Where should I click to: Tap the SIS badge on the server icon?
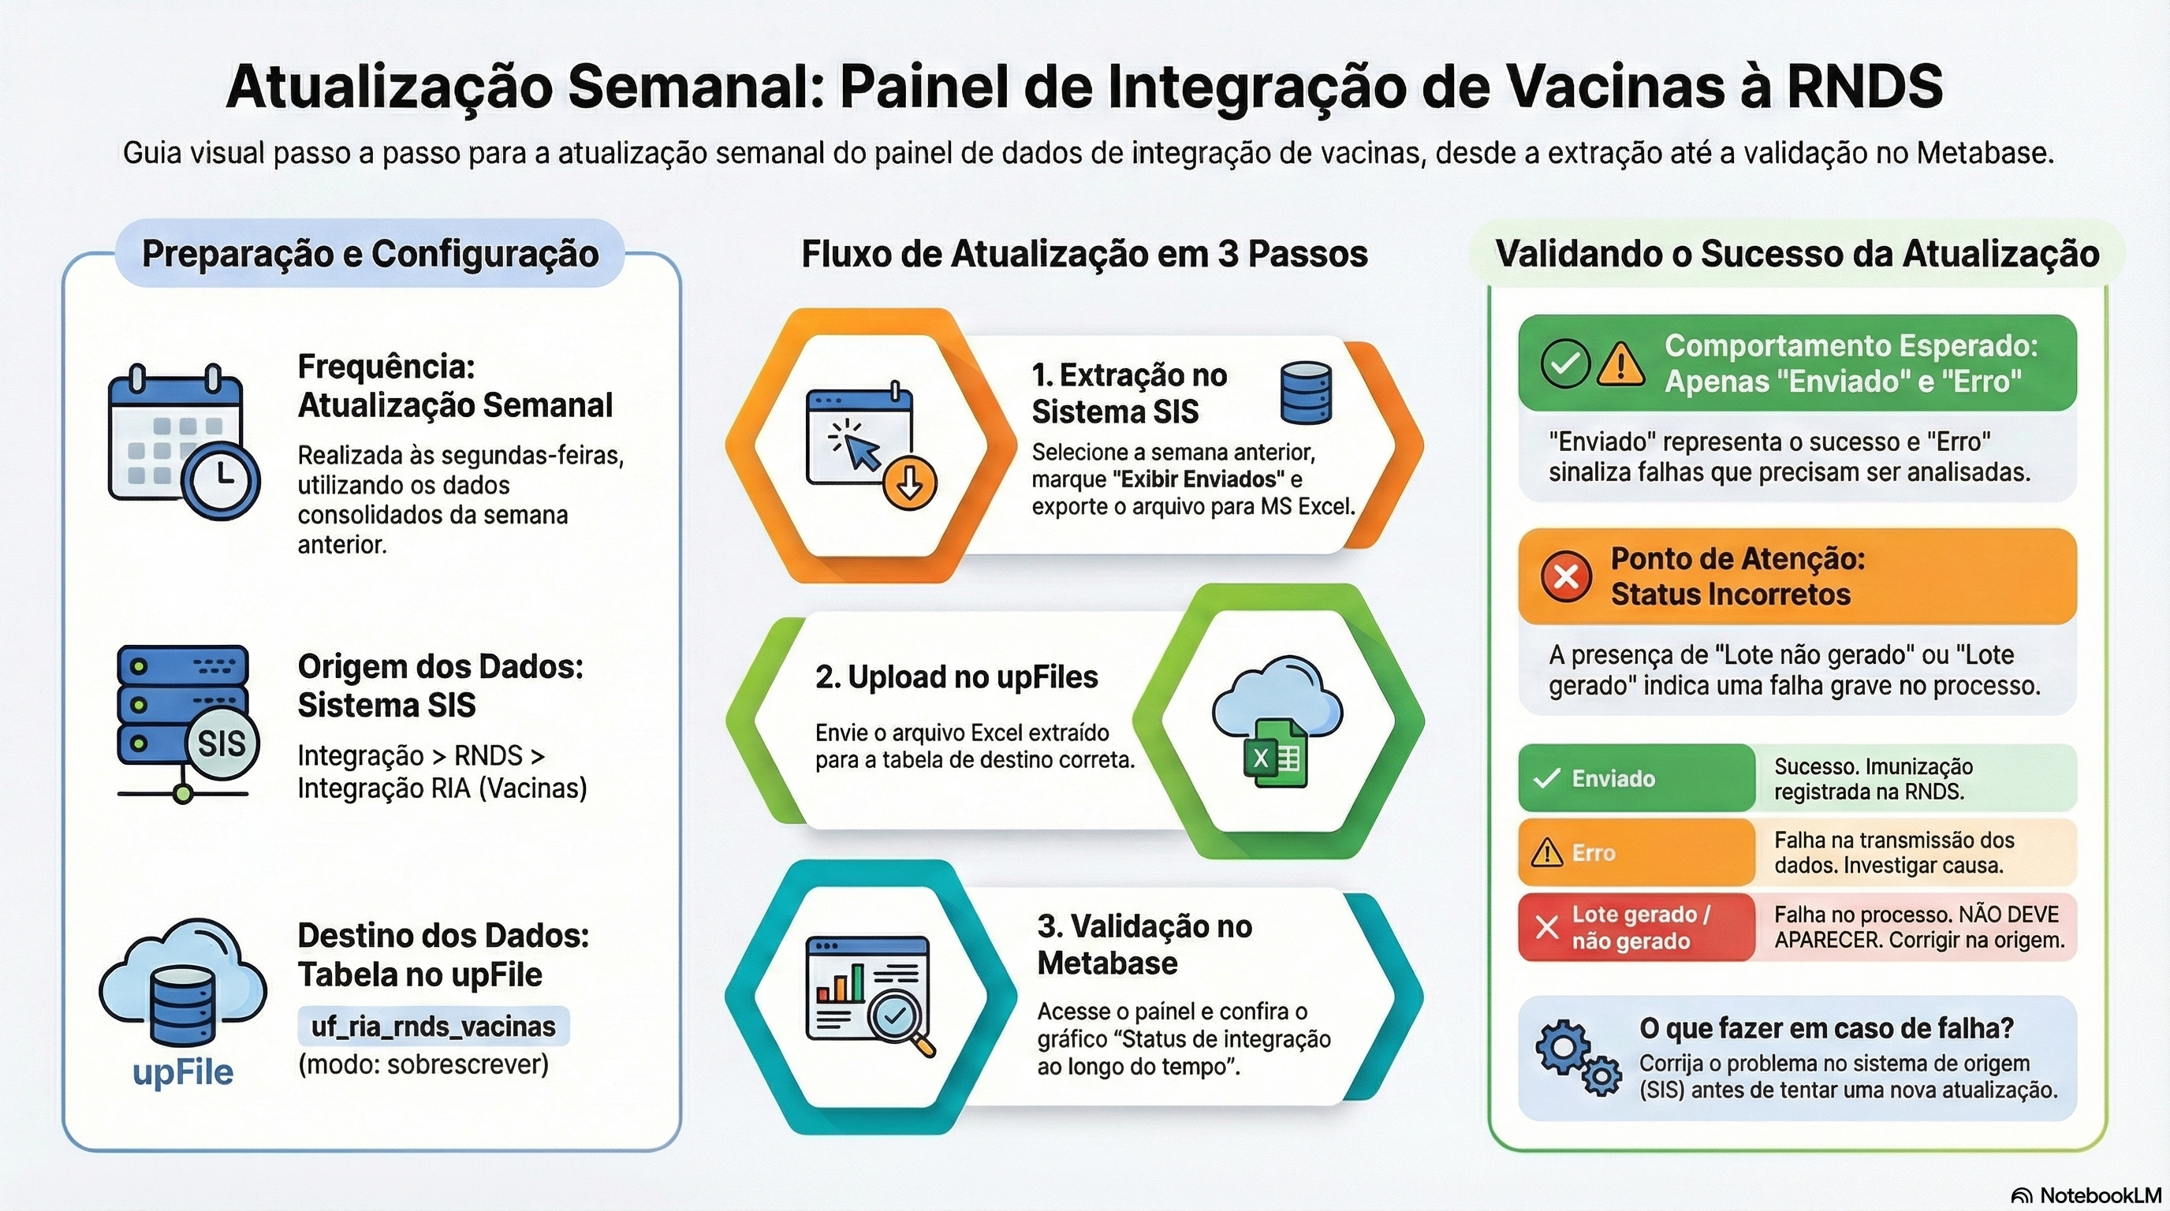click(222, 743)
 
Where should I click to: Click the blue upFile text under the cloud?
click(183, 1072)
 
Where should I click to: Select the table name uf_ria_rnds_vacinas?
click(433, 1027)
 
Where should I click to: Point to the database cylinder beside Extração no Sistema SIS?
click(1306, 393)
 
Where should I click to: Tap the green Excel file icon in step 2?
click(1274, 754)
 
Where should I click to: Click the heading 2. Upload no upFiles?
click(956, 677)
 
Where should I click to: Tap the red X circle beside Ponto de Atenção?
click(1566, 577)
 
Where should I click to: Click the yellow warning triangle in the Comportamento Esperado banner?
click(1620, 363)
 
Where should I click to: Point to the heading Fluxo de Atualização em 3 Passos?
click(1084, 254)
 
